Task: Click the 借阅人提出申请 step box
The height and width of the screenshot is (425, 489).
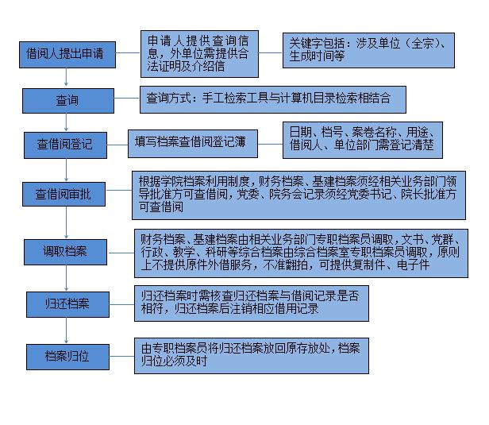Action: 67,55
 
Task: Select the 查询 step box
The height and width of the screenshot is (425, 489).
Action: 68,101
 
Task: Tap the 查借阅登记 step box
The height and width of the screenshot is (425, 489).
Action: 65,145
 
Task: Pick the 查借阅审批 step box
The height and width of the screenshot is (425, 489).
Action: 64,194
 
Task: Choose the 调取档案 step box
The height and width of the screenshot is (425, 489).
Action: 65,252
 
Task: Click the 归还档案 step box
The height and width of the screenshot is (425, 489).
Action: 67,304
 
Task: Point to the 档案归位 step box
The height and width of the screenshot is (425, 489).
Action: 67,357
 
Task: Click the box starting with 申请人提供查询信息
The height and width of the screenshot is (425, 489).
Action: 199,54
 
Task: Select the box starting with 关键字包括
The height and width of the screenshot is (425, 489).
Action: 368,50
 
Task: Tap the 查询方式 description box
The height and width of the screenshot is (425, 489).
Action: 273,99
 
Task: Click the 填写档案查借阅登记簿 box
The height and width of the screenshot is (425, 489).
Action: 193,144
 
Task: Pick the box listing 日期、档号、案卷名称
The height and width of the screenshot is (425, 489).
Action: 363,140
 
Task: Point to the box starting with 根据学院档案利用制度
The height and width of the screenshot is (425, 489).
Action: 298,195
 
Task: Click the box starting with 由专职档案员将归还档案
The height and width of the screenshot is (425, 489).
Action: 252,356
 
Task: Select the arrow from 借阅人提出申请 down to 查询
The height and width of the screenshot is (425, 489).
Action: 66,77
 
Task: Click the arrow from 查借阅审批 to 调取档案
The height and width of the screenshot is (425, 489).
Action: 66,222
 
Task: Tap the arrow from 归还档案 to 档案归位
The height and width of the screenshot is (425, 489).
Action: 66,330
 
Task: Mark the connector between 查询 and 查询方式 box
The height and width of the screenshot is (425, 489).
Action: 127,99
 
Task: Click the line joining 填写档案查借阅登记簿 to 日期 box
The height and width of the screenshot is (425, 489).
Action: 271,144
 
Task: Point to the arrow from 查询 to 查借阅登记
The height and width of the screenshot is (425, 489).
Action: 66,122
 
